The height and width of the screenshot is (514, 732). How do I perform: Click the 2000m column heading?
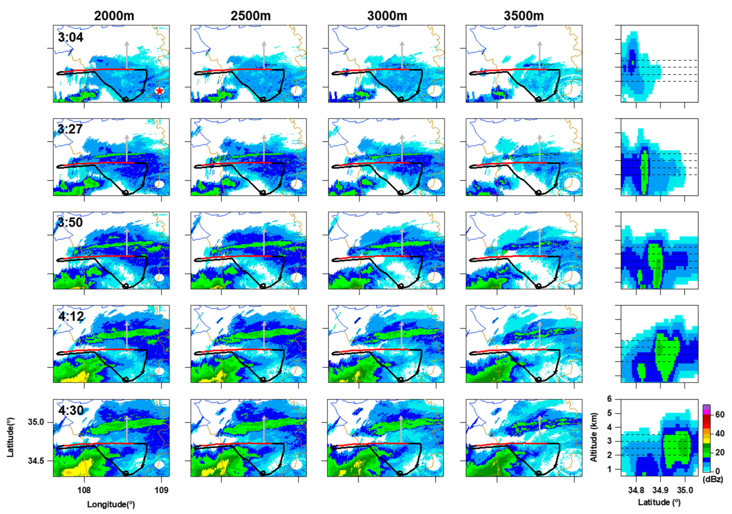[114, 16]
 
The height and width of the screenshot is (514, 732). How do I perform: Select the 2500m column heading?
[251, 16]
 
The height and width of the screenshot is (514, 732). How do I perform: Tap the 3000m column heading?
[387, 16]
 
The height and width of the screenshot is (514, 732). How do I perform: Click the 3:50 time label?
[70, 222]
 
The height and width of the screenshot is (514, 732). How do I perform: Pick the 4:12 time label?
[71, 316]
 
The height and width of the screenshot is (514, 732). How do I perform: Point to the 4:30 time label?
[71, 410]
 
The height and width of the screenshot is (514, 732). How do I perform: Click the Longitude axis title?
[111, 504]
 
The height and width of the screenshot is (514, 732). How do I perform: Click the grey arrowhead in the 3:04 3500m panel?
[539, 44]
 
